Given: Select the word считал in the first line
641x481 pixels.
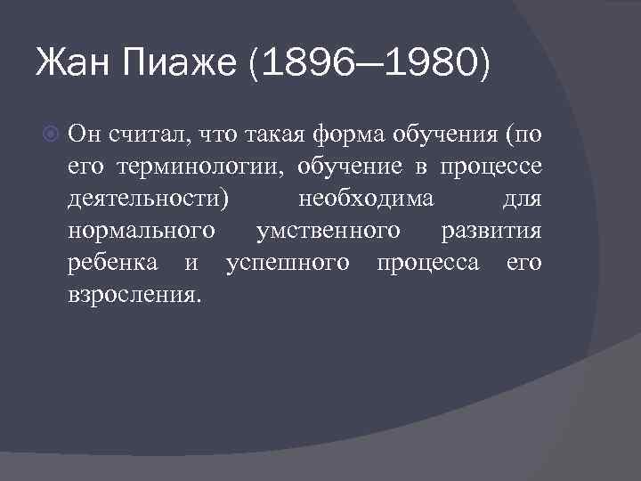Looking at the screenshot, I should pyautogui.click(x=142, y=135).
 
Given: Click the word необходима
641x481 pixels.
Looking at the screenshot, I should pyautogui.click(x=366, y=199).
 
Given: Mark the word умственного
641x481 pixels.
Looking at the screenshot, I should pyautogui.click(x=327, y=231).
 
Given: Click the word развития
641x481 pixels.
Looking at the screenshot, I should pyautogui.click(x=491, y=231).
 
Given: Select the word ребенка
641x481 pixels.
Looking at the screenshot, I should pyautogui.click(x=112, y=263).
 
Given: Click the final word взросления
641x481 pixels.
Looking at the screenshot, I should pyautogui.click(x=134, y=295).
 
